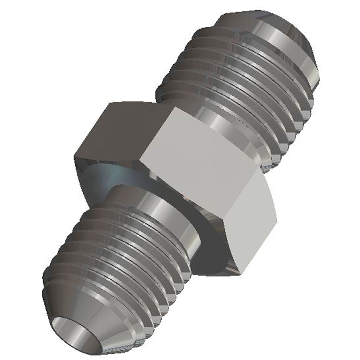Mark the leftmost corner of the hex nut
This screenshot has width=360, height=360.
[74, 156]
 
